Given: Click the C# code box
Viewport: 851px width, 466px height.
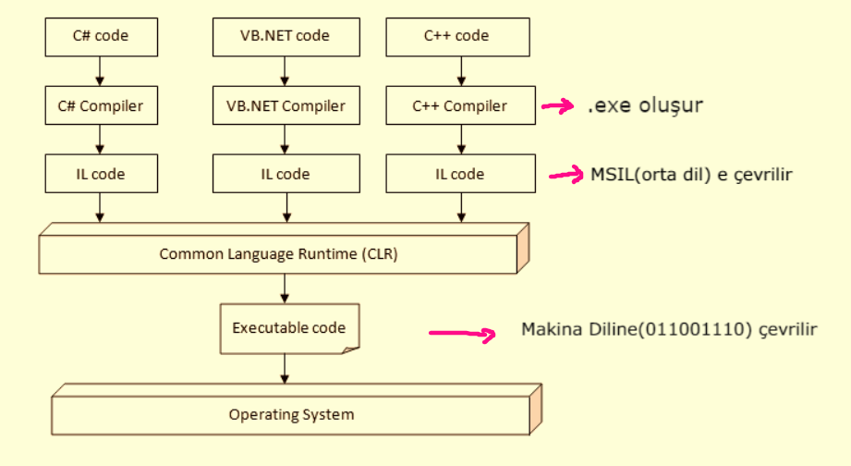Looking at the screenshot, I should click(x=100, y=37).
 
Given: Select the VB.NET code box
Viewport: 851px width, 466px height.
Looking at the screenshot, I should click(x=285, y=37).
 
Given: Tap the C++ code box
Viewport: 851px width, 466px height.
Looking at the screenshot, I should click(x=456, y=37).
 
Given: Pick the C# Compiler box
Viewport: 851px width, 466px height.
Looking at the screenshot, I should click(x=100, y=105).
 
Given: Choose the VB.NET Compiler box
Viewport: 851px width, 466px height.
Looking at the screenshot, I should click(x=285, y=105).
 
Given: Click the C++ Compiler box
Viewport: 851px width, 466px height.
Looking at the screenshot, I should click(x=459, y=105).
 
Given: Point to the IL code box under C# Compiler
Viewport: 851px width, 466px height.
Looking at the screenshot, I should click(x=100, y=174).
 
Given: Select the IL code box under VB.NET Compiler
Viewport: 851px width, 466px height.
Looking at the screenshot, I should click(x=285, y=174).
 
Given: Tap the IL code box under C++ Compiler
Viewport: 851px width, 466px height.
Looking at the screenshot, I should click(x=459, y=174).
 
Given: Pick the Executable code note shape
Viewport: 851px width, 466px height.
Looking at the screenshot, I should click(x=288, y=328).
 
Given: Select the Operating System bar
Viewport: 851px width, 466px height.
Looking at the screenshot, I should click(x=291, y=414).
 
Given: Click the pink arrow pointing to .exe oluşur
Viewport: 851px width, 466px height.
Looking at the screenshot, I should click(x=557, y=106).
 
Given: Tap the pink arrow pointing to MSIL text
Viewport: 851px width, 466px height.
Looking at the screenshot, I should click(x=566, y=174).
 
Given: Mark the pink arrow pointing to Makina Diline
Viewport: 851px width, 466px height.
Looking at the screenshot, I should click(x=459, y=332).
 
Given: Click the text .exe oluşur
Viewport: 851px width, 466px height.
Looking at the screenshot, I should click(x=645, y=105).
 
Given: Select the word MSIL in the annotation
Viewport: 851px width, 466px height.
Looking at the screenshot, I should click(x=610, y=174).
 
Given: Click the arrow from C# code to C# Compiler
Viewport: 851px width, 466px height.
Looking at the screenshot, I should click(x=100, y=70).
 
